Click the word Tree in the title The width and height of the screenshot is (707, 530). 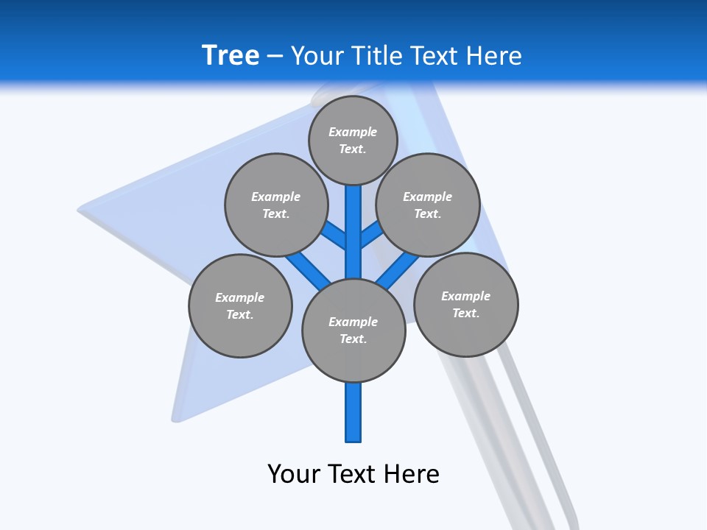click(x=231, y=55)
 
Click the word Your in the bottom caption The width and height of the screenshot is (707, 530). click(x=293, y=473)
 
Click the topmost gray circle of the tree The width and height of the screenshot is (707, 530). click(x=353, y=140)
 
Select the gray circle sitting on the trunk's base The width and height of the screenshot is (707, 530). click(x=353, y=331)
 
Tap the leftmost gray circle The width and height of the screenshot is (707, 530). click(x=240, y=305)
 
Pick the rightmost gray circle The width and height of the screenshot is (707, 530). click(x=465, y=304)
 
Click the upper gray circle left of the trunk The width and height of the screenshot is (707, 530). click(x=275, y=205)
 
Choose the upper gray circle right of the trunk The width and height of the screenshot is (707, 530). click(x=427, y=205)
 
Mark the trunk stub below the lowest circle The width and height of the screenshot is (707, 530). click(x=353, y=412)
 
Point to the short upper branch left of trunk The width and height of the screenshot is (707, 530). click(x=335, y=236)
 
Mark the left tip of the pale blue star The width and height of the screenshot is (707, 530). click(x=80, y=211)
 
